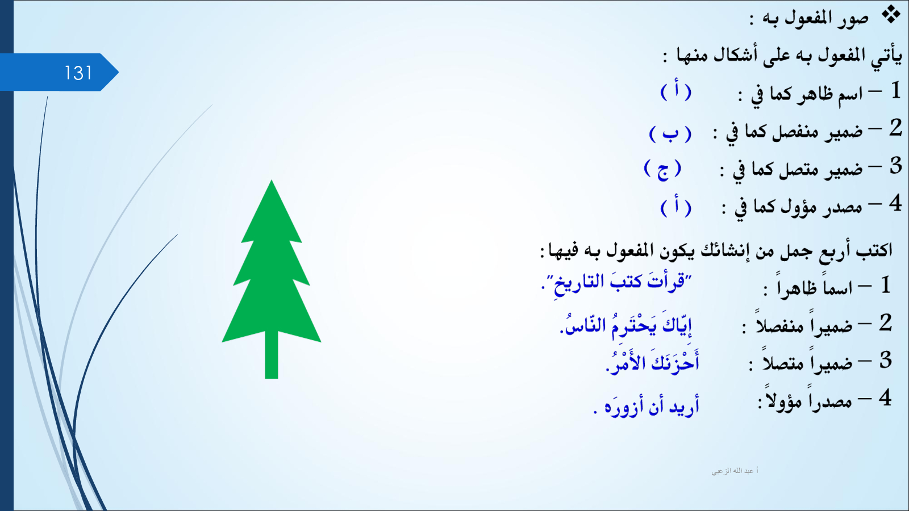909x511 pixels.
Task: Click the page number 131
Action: coord(78,73)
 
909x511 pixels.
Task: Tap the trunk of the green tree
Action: coord(272,355)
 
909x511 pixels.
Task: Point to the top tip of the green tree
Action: coord(272,181)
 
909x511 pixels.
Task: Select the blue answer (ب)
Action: coord(670,133)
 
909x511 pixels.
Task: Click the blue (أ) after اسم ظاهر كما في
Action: coord(676,92)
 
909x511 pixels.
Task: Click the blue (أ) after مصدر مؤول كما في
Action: coord(676,208)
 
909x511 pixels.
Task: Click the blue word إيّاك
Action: coord(677,325)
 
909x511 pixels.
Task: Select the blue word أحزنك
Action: coord(676,362)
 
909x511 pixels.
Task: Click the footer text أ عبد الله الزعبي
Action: coord(735,471)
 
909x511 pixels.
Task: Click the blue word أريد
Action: coord(685,406)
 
